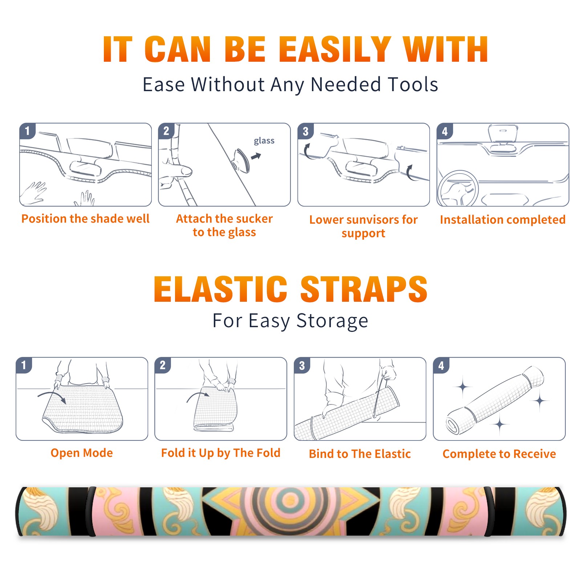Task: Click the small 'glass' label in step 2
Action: tap(264, 141)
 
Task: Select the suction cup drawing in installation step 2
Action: tap(241, 160)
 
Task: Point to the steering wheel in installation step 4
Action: tap(458, 188)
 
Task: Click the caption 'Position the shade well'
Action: tap(85, 219)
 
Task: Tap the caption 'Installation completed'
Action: tap(503, 219)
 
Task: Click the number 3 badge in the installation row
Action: tap(305, 131)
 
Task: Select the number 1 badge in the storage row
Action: tap(24, 365)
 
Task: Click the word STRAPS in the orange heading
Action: tap(364, 289)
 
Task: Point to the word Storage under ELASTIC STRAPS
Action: tap(332, 321)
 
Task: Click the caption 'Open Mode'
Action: tap(82, 453)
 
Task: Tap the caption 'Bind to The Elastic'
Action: tap(360, 454)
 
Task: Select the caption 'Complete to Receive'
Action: tap(499, 454)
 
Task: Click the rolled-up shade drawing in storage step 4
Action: tap(495, 400)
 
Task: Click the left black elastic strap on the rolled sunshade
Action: tap(90, 511)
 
